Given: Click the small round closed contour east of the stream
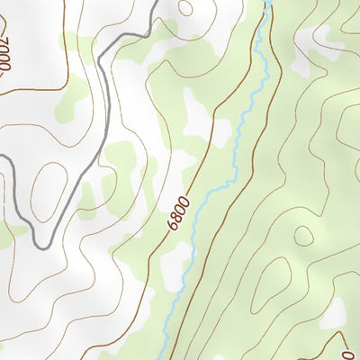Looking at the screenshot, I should click(x=303, y=236).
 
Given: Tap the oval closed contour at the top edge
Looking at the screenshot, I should click(x=186, y=7).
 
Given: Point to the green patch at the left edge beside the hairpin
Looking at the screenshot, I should click(x=7, y=236).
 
